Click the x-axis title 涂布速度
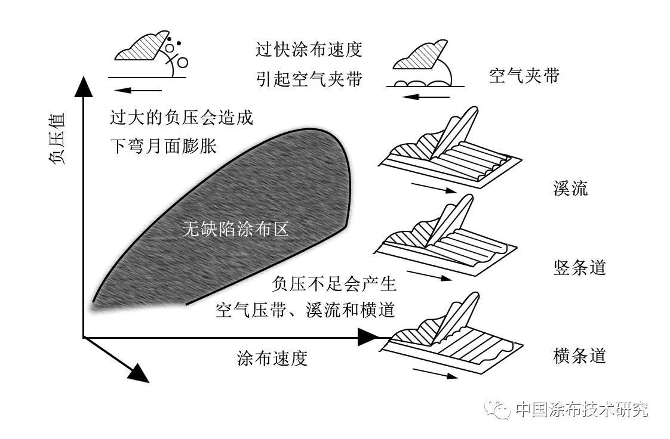click(x=272, y=358)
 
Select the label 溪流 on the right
click(x=570, y=188)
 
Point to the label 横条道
click(x=579, y=356)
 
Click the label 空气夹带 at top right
click(x=524, y=76)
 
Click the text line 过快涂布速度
click(x=309, y=49)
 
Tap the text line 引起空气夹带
click(x=309, y=79)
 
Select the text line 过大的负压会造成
click(x=182, y=117)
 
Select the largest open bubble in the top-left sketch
click(x=183, y=61)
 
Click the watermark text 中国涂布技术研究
click(x=580, y=410)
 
